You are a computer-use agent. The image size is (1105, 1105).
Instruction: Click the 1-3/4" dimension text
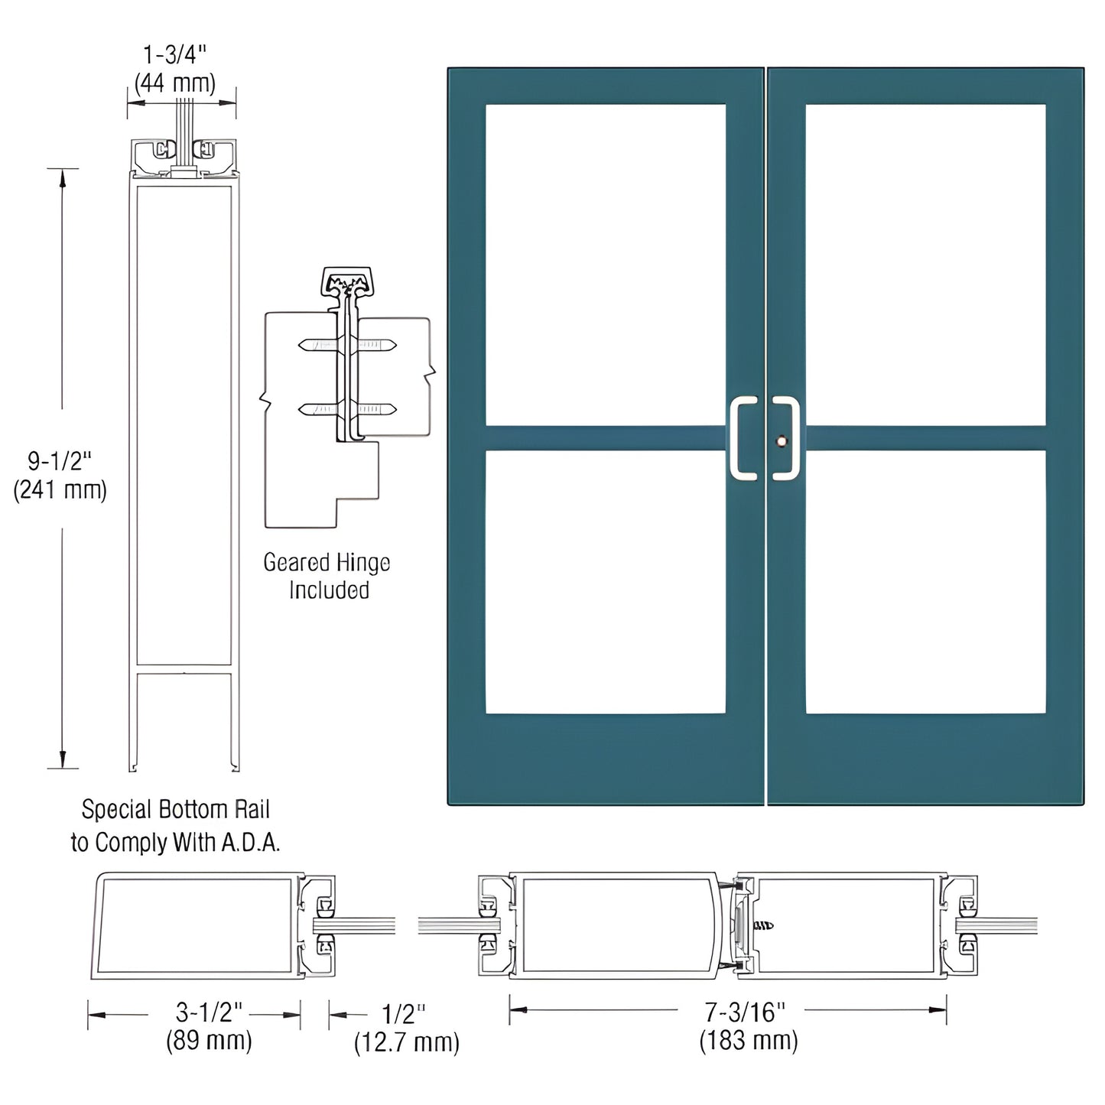(174, 54)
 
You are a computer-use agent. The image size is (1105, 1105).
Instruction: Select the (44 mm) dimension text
(174, 83)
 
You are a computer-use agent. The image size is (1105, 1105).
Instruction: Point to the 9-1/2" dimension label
(60, 461)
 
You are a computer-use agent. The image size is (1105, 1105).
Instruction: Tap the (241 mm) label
(60, 489)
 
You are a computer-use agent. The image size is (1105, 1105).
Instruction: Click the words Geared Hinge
(327, 563)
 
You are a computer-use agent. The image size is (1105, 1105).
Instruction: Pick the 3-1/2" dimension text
(208, 1012)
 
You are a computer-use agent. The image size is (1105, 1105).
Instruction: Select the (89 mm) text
(208, 1041)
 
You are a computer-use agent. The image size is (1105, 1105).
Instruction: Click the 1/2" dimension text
(403, 1014)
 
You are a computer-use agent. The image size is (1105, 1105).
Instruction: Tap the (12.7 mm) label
(406, 1042)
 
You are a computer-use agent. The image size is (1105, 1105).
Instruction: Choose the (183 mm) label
(748, 1041)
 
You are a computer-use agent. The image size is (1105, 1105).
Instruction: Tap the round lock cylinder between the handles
(780, 441)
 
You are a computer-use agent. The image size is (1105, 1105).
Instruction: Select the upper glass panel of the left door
(605, 264)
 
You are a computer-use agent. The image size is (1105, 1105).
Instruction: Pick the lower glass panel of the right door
(925, 582)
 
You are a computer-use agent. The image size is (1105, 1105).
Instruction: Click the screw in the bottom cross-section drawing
(763, 925)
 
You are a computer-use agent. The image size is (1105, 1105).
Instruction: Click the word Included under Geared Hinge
(329, 590)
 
